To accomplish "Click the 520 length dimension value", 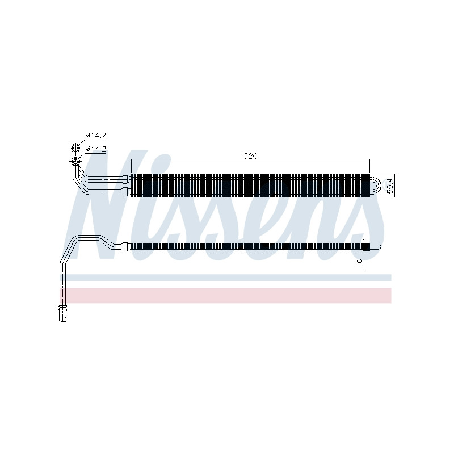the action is (250, 156).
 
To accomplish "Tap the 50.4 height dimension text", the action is (390, 186).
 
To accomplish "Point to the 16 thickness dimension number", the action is (360, 263).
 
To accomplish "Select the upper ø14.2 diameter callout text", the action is (96, 135).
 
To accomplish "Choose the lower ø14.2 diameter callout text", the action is (96, 149).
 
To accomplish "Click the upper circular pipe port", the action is (75, 148).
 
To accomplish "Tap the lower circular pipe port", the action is (75, 161).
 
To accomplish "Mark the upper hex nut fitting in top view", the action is (125, 179).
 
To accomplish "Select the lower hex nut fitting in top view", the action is (125, 191).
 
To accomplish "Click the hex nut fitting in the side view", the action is (125, 247).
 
